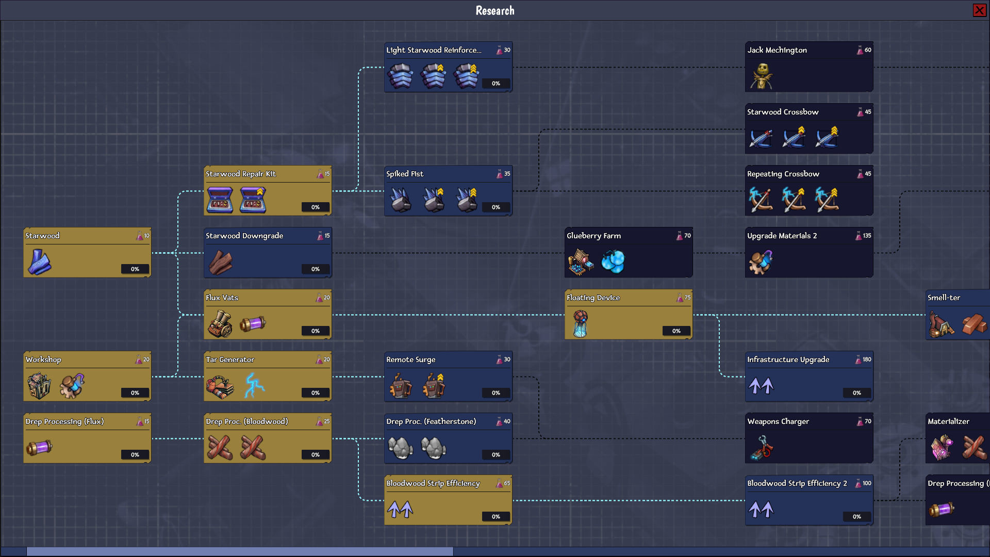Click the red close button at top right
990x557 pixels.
[979, 10]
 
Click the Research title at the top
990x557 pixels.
[495, 10]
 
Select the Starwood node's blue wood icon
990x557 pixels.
[39, 261]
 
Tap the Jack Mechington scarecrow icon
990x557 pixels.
[762, 76]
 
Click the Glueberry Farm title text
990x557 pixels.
[593, 236]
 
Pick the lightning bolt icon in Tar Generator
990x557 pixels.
[254, 385]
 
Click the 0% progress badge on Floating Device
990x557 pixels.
[676, 331]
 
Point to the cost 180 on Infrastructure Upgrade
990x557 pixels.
[867, 359]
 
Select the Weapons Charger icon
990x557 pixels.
[762, 447]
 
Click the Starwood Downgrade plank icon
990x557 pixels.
[220, 263]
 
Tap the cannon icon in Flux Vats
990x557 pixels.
[220, 324]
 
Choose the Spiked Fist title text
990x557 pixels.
[405, 174]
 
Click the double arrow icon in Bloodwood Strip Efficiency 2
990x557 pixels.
[761, 510]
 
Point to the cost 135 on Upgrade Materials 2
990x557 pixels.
[867, 236]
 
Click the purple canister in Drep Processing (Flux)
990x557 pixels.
[39, 447]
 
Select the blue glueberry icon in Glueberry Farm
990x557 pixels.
[613, 261]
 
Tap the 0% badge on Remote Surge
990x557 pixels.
[496, 393]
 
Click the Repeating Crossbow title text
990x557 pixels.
[783, 174]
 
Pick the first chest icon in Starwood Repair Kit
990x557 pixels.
[220, 200]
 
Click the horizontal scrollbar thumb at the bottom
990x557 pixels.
[240, 552]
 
